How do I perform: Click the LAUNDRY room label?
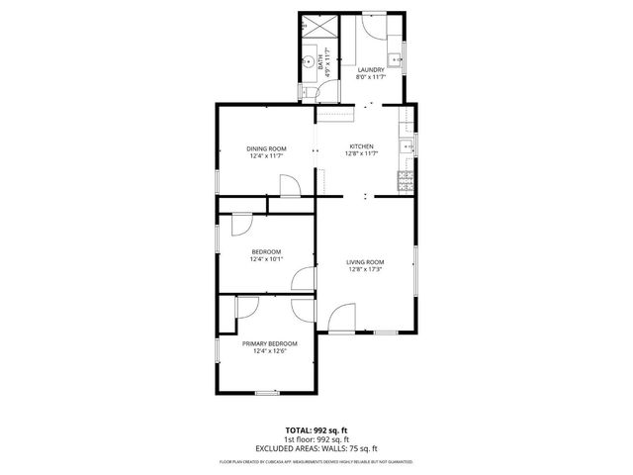click(371, 69)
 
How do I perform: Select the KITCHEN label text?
click(362, 146)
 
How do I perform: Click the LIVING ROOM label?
click(365, 261)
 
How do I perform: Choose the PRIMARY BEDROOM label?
click(269, 343)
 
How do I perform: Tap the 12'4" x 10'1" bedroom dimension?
click(267, 259)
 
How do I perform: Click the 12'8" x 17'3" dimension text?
click(365, 269)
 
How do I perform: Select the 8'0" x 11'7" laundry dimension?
click(371, 77)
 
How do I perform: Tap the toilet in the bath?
click(308, 91)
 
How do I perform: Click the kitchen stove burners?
click(405, 180)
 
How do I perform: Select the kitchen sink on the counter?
click(405, 148)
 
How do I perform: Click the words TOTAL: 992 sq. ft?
click(316, 429)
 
